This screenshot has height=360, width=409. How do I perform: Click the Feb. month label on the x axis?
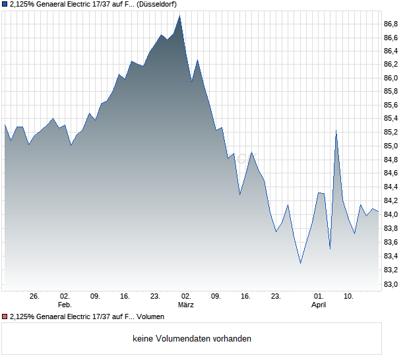click(64, 305)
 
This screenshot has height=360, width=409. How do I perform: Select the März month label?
click(186, 305)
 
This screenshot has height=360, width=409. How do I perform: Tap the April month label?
click(319, 305)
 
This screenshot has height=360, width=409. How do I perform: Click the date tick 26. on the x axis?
click(35, 296)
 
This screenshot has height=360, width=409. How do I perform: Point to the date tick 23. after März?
click(276, 296)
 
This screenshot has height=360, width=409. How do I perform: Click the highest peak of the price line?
click(180, 16)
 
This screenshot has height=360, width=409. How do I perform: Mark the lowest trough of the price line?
click(301, 263)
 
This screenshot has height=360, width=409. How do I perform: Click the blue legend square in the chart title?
click(5, 4)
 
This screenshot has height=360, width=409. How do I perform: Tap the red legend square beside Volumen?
click(5, 317)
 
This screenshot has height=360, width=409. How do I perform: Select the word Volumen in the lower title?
click(150, 317)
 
